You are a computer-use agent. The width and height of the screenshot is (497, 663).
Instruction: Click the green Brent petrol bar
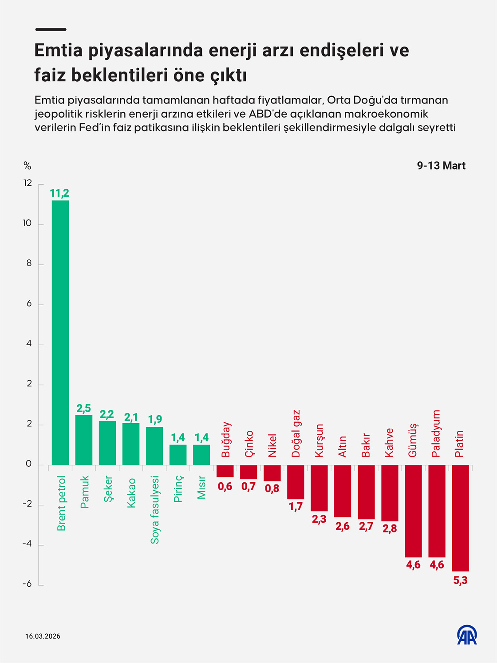[60, 333]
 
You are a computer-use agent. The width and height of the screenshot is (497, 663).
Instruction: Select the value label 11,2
[59, 193]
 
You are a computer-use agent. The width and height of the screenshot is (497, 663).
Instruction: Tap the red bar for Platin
[460, 518]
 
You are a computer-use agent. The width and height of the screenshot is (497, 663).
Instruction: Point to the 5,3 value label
[460, 580]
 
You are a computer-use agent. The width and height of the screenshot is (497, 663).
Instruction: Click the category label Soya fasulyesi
[155, 510]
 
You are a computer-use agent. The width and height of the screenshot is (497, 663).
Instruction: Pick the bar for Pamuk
[84, 440]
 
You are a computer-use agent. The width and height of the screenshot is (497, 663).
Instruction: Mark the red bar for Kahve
[390, 493]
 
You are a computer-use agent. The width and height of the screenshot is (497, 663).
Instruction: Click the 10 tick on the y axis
[28, 223]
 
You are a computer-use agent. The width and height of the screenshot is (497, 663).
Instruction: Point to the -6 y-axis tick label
[28, 584]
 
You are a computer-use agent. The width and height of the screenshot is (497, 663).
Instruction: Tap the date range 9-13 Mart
[441, 166]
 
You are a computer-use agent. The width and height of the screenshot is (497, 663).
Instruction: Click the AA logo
[467, 635]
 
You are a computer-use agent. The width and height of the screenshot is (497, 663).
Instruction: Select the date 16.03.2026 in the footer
[43, 636]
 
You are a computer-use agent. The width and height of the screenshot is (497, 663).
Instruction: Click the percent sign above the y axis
[28, 166]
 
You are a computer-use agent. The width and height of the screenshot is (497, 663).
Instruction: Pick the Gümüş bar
[413, 511]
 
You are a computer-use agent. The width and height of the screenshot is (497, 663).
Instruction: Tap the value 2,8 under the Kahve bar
[390, 528]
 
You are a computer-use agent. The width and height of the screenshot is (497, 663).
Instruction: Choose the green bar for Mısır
[201, 455]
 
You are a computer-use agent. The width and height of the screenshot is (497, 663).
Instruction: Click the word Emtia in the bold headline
[59, 50]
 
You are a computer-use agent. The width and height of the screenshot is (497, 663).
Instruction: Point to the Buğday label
[226, 440]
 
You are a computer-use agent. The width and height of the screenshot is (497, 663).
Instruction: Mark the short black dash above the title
[51, 29]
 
